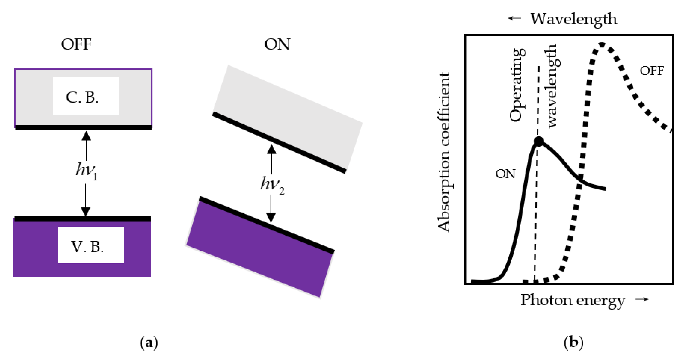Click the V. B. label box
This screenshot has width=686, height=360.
[x=91, y=245]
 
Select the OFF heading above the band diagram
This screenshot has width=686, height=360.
[x=76, y=44]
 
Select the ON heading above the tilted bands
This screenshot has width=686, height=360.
[x=277, y=44]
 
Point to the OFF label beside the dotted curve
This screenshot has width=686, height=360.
[x=652, y=71]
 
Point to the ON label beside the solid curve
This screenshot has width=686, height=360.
[x=505, y=174]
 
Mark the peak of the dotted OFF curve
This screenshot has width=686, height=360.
[x=601, y=44]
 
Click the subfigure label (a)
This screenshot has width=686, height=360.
[x=149, y=342]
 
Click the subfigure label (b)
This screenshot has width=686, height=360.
[x=574, y=342]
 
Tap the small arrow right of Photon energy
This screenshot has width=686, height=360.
[x=642, y=299]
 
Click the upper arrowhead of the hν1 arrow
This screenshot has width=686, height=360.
[x=86, y=136]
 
